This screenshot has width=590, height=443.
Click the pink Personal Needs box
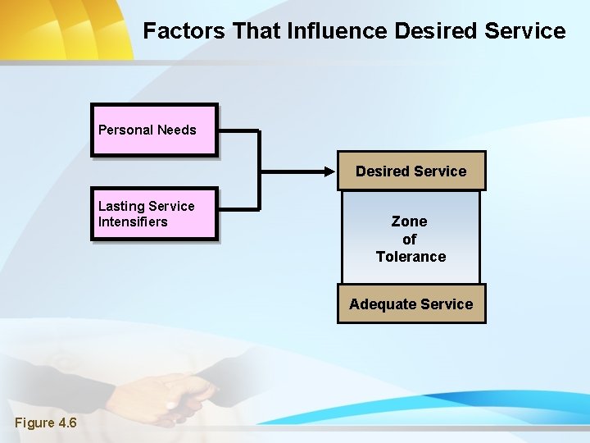pyautogui.click(x=154, y=130)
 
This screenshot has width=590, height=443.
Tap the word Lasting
pyautogui.click(x=120, y=206)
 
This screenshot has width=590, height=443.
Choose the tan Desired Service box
pyautogui.click(x=411, y=171)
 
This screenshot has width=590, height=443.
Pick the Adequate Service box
pyautogui.click(x=411, y=304)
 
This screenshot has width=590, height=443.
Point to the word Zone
pyautogui.click(x=410, y=221)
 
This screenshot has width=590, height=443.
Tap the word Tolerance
pyautogui.click(x=411, y=257)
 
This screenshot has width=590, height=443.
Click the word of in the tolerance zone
pyautogui.click(x=410, y=240)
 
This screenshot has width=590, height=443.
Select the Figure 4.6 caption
pyautogui.click(x=46, y=423)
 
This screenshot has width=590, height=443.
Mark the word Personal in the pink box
pyautogui.click(x=125, y=130)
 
